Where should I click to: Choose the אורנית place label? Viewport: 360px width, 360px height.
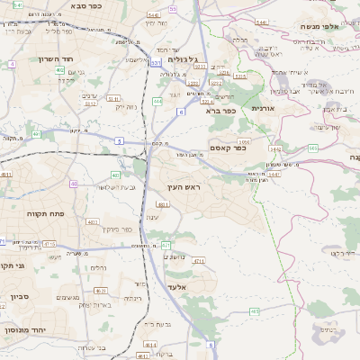pyautogui.click(x=262, y=108)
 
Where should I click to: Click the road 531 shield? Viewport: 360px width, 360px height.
pyautogui.click(x=157, y=63)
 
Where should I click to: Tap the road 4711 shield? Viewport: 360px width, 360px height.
pyautogui.click(x=199, y=260)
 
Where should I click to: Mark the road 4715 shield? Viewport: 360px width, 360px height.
pyautogui.click(x=49, y=244)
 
